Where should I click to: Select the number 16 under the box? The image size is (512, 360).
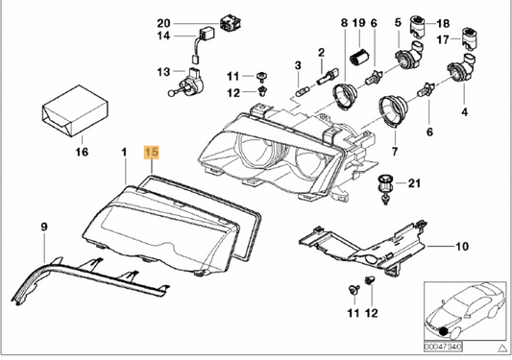[x=82, y=153]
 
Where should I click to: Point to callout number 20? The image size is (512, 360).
[x=162, y=22]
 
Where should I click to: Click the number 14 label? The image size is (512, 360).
[x=162, y=36]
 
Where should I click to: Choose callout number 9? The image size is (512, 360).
[x=43, y=226]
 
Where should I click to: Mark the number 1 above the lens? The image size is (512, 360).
[x=123, y=153]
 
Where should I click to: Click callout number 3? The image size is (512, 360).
[x=298, y=64]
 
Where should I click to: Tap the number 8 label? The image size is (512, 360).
[x=344, y=22]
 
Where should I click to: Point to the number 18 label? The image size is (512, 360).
[x=443, y=22]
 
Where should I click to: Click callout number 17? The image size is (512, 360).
[x=441, y=40]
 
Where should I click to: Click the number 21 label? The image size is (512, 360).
[x=414, y=182]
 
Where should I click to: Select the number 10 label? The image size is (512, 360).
[x=462, y=246]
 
